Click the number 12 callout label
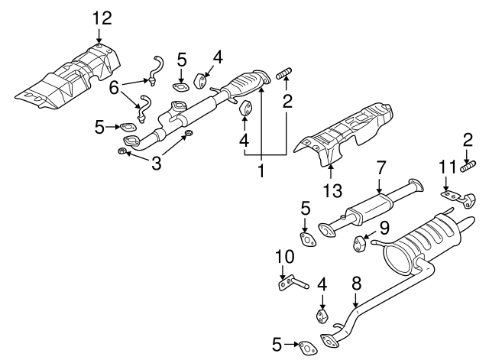coord(102,18)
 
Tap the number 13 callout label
coord(332,190)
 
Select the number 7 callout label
coord(381,167)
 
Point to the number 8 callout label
coord(357,284)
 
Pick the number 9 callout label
coord(384,228)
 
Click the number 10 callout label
coord(284,256)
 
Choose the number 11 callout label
coord(448,167)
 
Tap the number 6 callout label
coord(114,88)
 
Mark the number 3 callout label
coord(156,163)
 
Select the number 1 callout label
coord(261,170)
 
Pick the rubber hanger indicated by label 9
coord(358,243)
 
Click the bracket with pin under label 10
coord(293,283)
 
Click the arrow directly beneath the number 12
coord(99,36)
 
